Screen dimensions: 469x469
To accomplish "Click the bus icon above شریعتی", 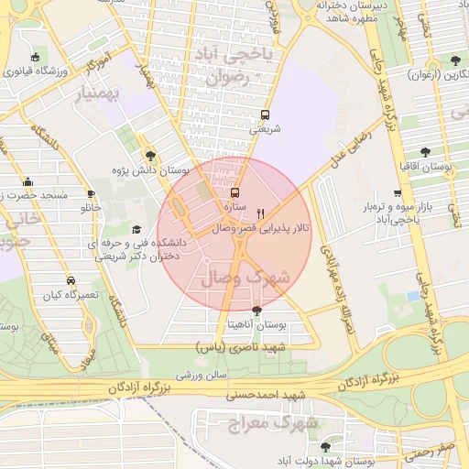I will click(x=265, y=115).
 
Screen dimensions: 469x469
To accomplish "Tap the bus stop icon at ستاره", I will click(x=235, y=193).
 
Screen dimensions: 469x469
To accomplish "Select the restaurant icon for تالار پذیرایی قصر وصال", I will click(x=260, y=212).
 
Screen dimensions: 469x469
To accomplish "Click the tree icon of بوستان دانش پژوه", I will click(x=150, y=156).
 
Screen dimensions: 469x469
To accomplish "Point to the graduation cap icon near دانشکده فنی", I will click(x=136, y=229).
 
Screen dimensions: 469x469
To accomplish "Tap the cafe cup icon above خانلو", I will click(x=91, y=193).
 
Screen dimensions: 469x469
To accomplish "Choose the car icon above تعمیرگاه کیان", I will click(x=71, y=280).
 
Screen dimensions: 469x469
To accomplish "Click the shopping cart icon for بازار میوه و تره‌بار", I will click(x=397, y=193).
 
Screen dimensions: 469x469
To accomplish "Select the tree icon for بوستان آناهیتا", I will click(x=256, y=311).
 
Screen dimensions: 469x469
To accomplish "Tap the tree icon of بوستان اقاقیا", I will click(x=424, y=152).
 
